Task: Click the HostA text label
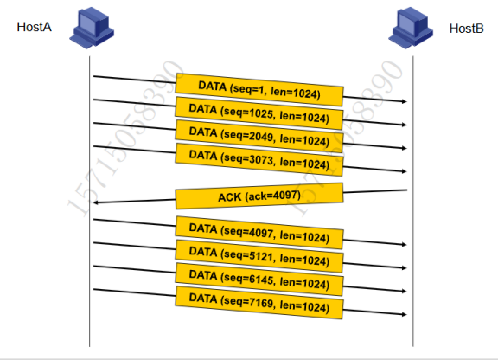coord(34,27)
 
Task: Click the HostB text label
coord(466,29)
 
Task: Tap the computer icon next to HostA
coord(92,28)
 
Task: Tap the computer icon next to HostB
coord(411,28)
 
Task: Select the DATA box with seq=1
coord(259,90)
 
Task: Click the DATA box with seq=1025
coord(259,112)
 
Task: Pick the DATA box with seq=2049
coord(259,137)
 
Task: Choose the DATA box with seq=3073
coord(259,159)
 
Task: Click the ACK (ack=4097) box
coord(259,196)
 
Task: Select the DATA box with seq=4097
coord(259,233)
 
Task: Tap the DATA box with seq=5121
coord(259,256)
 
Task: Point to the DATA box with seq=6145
coord(259,280)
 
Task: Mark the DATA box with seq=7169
coord(259,303)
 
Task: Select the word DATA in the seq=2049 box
coord(203,132)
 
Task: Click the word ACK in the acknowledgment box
coord(230,197)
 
